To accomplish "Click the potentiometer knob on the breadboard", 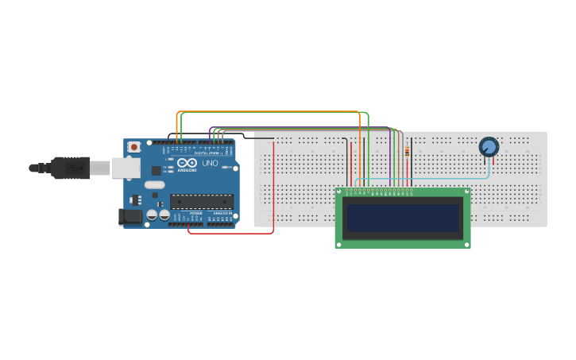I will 489,146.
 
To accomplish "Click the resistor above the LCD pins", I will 408,151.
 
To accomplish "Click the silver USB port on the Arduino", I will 126,168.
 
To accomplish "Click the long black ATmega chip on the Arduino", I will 202,201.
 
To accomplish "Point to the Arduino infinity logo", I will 187,162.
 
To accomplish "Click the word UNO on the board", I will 210,163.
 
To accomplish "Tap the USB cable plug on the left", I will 72,168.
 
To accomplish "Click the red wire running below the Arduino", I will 230,233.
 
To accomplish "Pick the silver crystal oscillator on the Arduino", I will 154,184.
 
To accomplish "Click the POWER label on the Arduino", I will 195,214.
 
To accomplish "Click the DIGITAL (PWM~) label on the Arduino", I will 208,153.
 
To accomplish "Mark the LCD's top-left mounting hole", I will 340,192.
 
